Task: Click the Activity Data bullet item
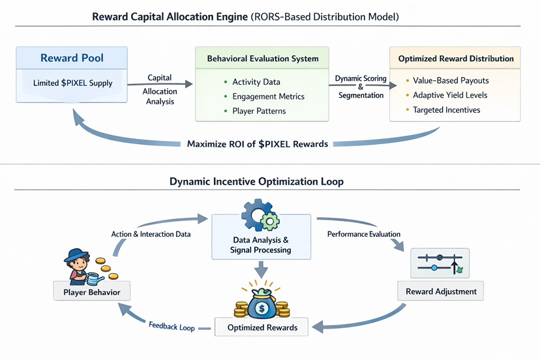[x=256, y=82]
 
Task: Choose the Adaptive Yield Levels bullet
[x=450, y=95]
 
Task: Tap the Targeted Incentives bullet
[x=446, y=110]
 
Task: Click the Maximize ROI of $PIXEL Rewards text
[x=258, y=143]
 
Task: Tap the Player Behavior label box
[x=91, y=292]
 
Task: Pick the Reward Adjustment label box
[x=440, y=291]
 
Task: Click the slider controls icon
[x=440, y=263]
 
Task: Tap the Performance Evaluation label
[x=363, y=233]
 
